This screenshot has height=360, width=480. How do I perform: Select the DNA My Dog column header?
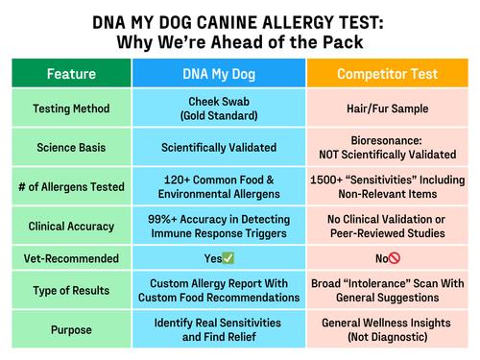[x=219, y=73]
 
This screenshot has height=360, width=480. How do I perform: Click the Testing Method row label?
[x=70, y=108]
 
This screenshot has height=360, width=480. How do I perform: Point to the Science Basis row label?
[x=70, y=147]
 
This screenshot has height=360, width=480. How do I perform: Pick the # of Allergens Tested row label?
[x=70, y=185]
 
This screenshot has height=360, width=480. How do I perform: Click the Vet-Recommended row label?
[x=70, y=257]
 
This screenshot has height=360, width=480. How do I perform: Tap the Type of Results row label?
[x=70, y=290]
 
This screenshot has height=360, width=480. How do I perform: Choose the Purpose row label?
[x=70, y=329]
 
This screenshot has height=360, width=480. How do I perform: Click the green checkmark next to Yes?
[x=229, y=258]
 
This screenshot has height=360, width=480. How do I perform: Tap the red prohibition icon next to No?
[x=394, y=258]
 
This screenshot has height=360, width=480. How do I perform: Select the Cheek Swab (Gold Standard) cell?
[x=219, y=108]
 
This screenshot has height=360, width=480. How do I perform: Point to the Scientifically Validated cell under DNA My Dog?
[x=219, y=147]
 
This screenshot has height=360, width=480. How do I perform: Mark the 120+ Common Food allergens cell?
[x=219, y=185]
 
